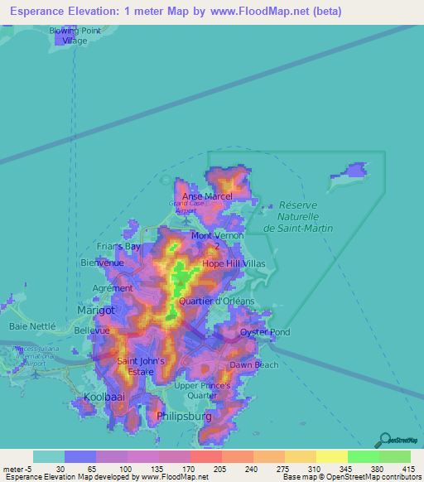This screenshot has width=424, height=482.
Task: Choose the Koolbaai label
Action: (x=103, y=398)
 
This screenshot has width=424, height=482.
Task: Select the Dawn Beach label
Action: (x=254, y=364)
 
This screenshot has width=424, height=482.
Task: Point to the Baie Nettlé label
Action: (x=31, y=326)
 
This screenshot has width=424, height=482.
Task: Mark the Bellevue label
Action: (x=92, y=330)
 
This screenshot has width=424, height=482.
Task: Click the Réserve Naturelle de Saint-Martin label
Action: (x=304, y=216)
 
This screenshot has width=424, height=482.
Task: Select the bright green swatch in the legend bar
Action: (x=363, y=456)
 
